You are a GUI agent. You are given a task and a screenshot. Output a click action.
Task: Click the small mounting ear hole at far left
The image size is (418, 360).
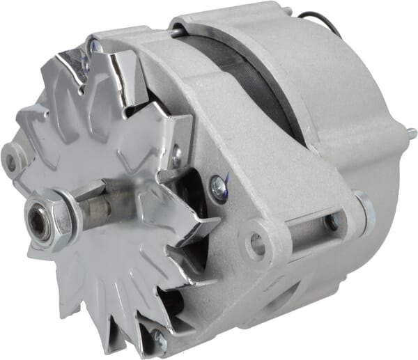(10, 162)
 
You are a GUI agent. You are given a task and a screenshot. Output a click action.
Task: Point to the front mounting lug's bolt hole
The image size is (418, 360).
(256, 243)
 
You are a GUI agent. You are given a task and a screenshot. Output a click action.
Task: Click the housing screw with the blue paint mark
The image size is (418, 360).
(219, 186)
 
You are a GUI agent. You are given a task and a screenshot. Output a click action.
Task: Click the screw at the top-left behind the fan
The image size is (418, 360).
(94, 47)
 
